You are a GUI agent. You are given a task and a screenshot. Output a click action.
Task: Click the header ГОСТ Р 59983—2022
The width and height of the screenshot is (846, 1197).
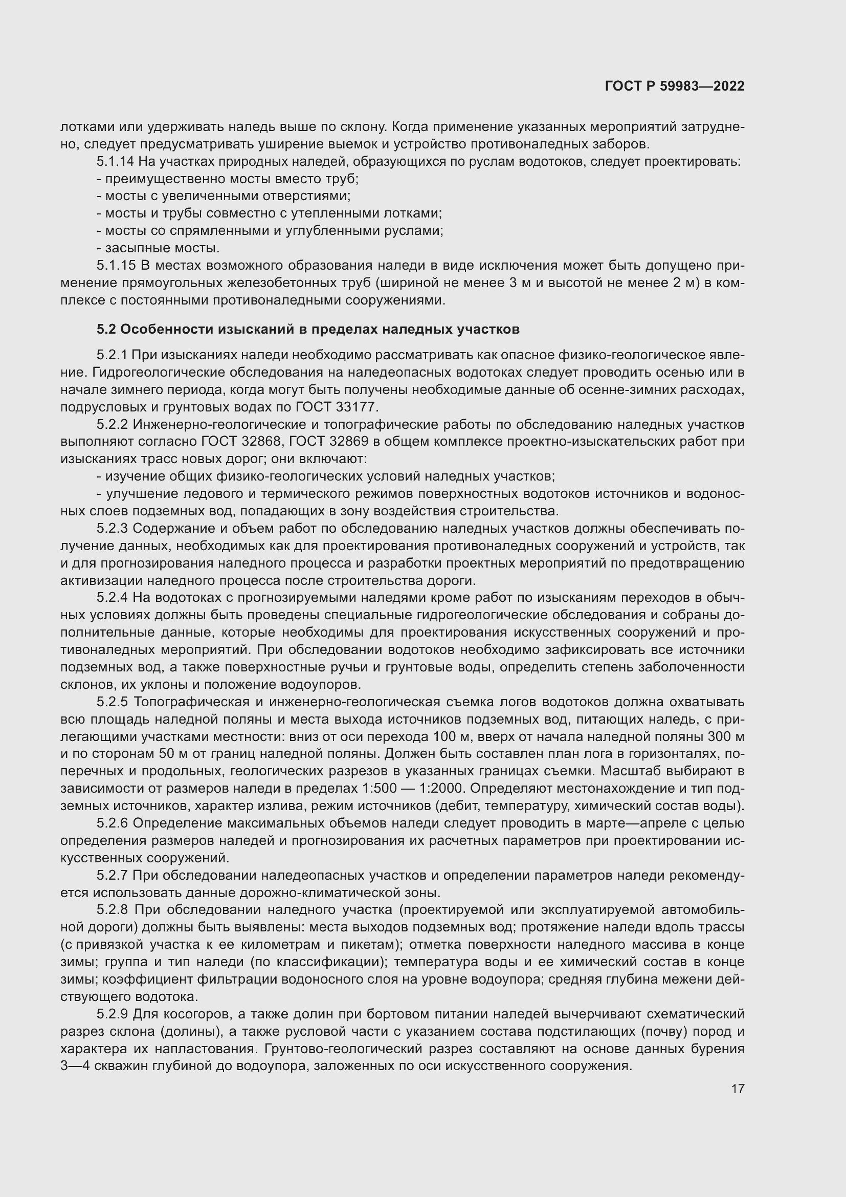pos(675,86)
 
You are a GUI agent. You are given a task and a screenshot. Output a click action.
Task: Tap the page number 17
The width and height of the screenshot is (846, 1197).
pos(738,1089)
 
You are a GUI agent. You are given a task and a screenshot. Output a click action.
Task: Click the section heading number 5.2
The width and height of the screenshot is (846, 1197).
pos(108,330)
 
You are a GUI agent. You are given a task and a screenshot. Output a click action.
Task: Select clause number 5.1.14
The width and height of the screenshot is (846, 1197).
pos(115,162)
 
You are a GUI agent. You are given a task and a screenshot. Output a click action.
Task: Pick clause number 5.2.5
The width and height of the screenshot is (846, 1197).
pos(112,702)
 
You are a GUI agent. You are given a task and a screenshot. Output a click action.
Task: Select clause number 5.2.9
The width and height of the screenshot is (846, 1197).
pos(112,1014)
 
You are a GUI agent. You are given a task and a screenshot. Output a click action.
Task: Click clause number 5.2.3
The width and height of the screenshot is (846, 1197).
pos(112,528)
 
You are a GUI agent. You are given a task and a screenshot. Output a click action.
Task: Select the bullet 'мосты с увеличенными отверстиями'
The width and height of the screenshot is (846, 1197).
pos(227,196)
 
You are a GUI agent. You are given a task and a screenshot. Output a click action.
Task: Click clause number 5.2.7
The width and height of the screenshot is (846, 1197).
pos(112,875)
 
